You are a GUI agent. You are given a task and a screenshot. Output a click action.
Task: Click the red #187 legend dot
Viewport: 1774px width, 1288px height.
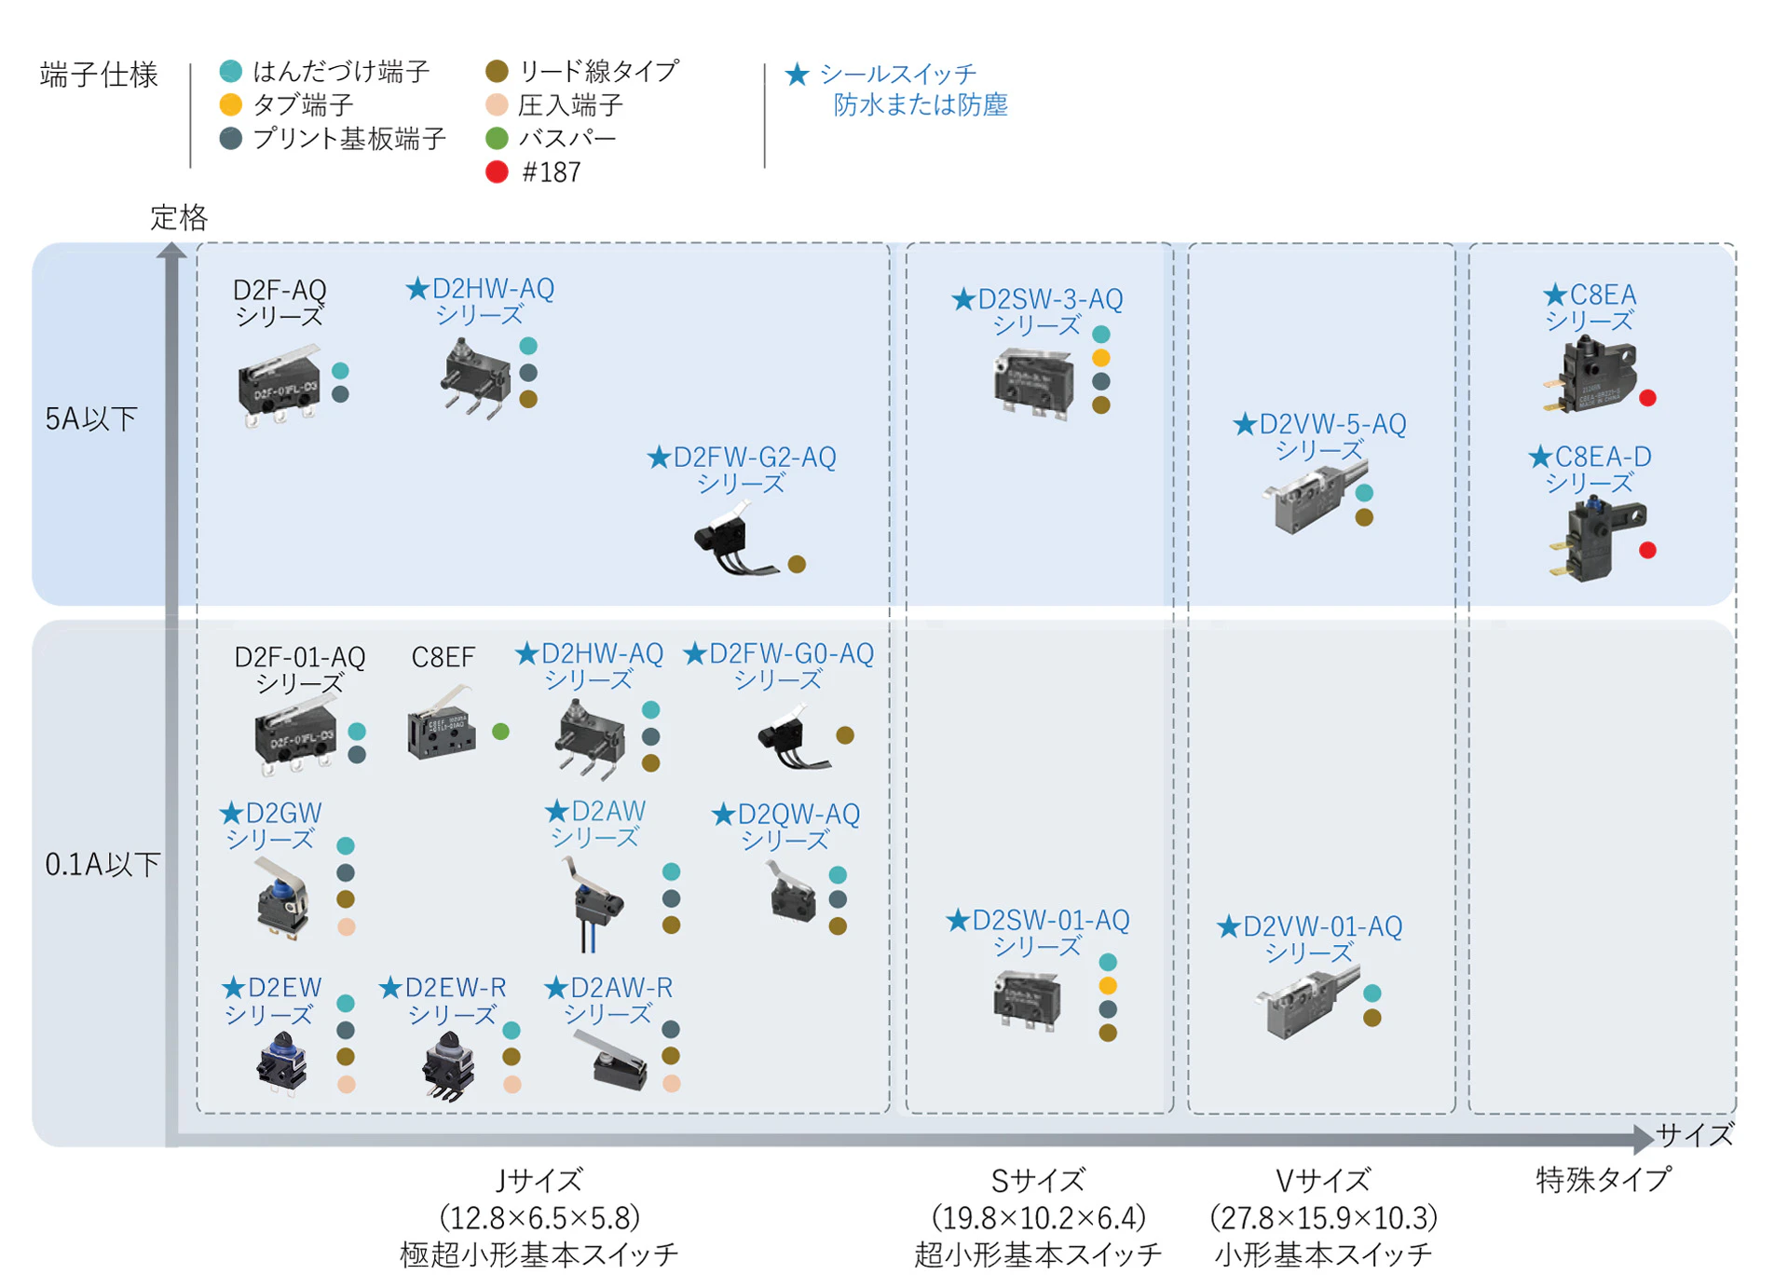pos(497,172)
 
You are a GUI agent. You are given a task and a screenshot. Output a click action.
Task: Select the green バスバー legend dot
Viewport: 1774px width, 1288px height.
pos(497,139)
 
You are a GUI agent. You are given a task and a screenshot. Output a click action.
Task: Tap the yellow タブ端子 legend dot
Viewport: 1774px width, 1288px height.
pos(230,104)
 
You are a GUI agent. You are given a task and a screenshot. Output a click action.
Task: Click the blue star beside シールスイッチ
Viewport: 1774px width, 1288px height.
pos(797,75)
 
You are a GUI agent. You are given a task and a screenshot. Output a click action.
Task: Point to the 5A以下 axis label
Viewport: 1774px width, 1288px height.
pos(91,419)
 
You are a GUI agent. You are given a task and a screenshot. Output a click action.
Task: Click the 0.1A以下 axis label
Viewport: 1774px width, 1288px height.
pos(102,865)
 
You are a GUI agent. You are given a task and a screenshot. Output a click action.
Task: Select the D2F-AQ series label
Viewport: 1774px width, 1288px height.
pos(279,302)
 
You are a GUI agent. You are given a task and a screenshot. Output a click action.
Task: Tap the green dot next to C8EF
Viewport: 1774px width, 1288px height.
pos(500,732)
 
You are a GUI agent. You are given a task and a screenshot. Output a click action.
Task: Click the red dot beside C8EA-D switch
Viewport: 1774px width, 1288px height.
pos(1647,550)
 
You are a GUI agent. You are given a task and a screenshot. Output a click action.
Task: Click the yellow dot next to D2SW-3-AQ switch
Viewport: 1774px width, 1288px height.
pos(1100,358)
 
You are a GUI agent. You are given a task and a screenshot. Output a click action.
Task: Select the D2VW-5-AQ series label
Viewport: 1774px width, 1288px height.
pos(1319,437)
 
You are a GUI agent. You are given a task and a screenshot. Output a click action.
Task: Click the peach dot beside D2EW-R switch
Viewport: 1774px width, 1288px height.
pos(512,1084)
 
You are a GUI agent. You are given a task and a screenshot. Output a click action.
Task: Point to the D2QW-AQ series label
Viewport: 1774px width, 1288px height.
pos(786,826)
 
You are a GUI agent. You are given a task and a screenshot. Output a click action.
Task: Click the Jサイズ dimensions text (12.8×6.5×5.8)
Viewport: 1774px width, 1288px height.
pos(539,1217)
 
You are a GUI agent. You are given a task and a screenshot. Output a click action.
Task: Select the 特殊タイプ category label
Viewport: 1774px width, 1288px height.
pos(1603,1180)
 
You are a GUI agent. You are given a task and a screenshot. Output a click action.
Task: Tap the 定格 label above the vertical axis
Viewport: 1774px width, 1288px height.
pos(179,218)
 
